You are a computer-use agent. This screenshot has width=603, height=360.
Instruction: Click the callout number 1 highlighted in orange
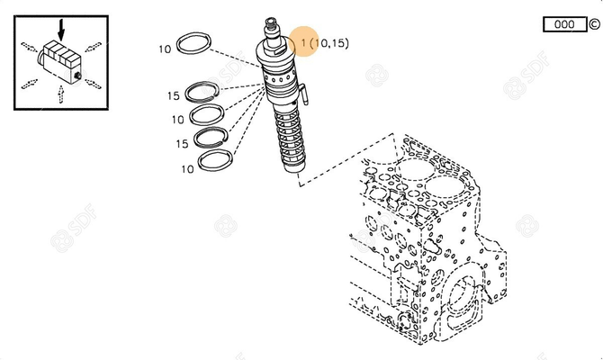coord(304,43)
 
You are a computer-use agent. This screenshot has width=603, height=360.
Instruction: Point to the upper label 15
coord(171,96)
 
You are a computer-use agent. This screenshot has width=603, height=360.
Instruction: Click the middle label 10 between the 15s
coord(178,119)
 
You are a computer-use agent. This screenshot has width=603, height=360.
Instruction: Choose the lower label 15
coord(180,143)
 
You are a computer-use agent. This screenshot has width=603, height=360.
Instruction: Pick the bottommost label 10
coord(187,168)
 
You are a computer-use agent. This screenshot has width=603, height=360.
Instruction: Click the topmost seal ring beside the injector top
coord(196,44)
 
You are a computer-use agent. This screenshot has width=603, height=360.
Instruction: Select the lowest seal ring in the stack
coord(218,160)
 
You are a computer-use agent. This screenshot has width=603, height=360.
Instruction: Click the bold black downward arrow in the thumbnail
coord(60,29)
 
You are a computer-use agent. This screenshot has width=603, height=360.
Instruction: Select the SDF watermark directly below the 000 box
coord(521,87)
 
